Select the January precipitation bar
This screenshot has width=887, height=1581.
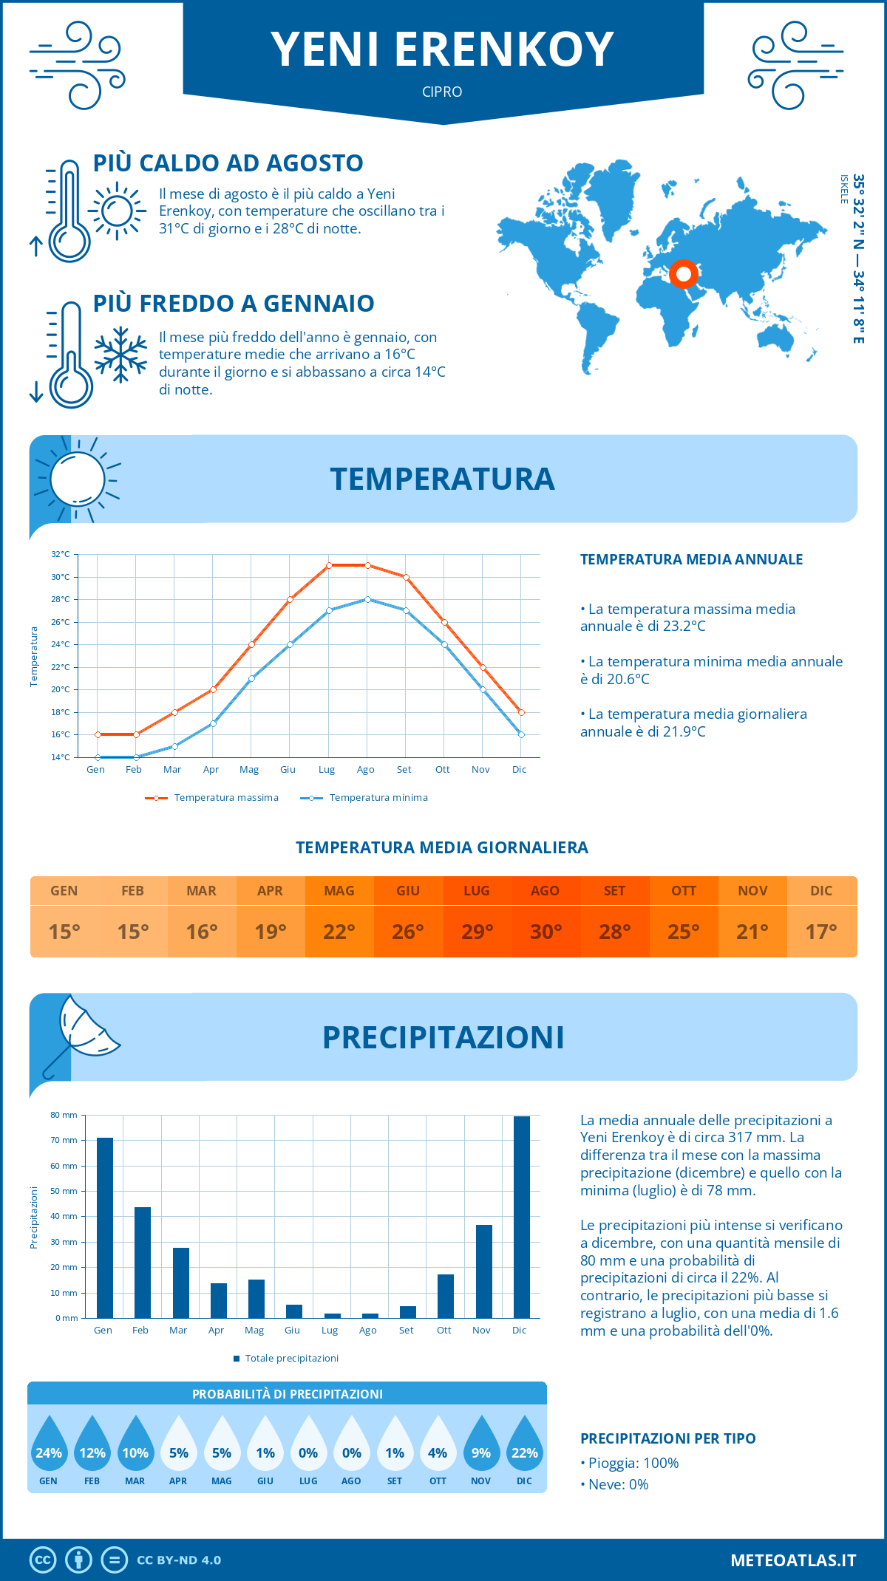coord(105,1228)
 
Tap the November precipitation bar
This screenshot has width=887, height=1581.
coord(484,1271)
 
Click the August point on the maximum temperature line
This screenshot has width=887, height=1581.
coord(367,565)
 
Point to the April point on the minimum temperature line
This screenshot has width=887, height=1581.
coord(213,723)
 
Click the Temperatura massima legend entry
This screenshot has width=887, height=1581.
coord(212,798)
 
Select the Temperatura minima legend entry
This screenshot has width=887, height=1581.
coord(364,798)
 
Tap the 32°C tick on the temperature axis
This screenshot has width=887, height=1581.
coord(61,554)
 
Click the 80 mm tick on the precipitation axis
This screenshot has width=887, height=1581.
coord(64,1115)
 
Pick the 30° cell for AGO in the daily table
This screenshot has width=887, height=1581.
coord(546,932)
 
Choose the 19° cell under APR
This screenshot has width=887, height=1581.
coord(271,932)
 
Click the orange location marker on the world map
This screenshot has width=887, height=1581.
coord(684,274)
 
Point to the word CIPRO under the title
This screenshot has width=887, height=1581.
coord(442,92)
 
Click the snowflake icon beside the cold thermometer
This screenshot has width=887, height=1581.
coord(120,355)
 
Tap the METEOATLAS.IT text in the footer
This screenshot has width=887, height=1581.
coord(793,1560)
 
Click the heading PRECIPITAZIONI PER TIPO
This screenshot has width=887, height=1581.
coord(668,1438)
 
